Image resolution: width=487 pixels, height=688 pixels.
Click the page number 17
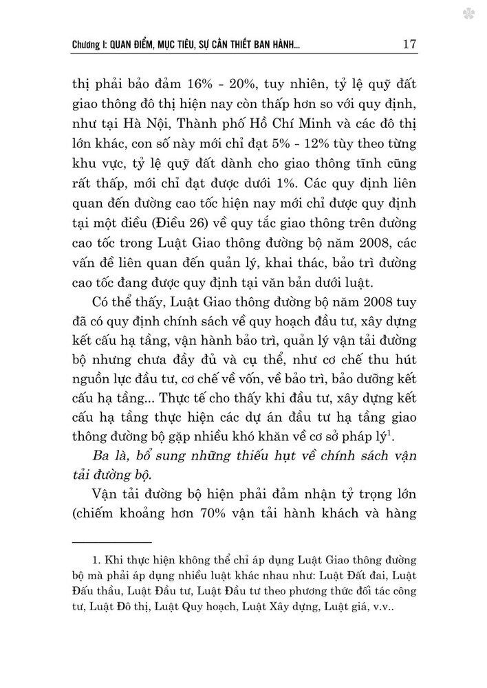click(409, 44)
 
